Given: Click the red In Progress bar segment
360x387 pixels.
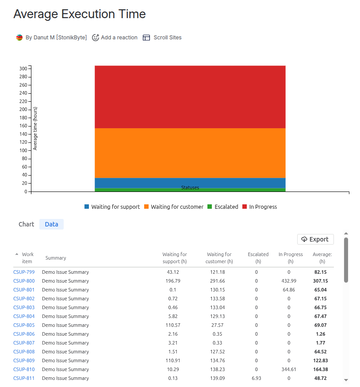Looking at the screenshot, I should pos(190,97).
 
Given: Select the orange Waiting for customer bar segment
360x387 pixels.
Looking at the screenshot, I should pos(190,153).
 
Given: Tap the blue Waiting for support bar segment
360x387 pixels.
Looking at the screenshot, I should pos(190,182).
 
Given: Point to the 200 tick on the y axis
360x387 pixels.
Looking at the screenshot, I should pos(23,110).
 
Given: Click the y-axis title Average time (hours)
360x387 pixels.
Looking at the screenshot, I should pos(35,128).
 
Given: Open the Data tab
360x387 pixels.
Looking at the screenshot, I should pos(51,224).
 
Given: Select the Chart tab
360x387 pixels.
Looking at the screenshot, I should pos(26,224).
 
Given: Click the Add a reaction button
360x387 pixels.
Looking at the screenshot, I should pos(115,38).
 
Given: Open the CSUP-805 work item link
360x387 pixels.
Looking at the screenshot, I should pos(24,325).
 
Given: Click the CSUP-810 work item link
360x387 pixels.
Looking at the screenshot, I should pos(24,369).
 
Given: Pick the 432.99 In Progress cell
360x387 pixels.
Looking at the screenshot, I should pos(289,281).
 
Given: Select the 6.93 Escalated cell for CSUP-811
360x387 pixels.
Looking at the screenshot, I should pos(256,378).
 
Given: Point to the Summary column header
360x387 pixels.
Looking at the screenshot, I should pos(56,258).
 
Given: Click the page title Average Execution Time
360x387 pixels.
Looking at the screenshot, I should pos(80,14).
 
